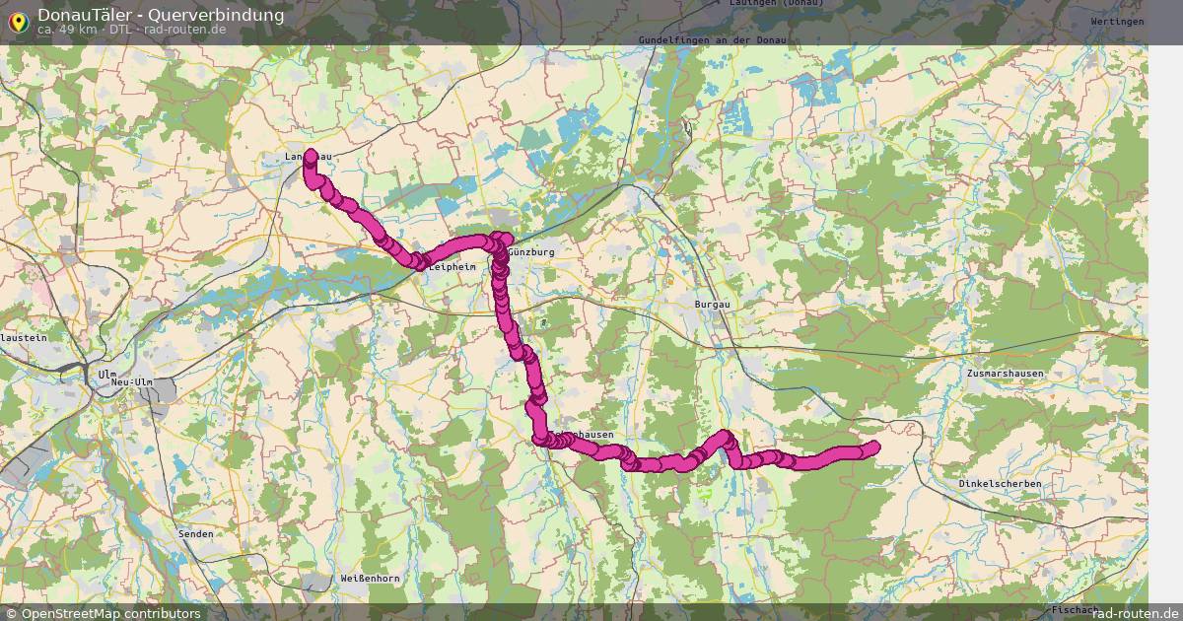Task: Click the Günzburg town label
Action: pyautogui.click(x=532, y=252)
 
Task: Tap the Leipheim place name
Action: pyautogui.click(x=452, y=266)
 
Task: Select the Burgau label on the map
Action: pyautogui.click(x=713, y=306)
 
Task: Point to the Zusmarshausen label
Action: pyautogui.click(x=1006, y=374)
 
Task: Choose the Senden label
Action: pyautogui.click(x=194, y=533)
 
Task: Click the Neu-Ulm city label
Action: pyautogui.click(x=131, y=381)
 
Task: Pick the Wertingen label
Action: pyautogui.click(x=1117, y=22)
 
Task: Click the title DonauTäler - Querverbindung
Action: pyautogui.click(x=161, y=15)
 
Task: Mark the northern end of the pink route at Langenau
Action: pyautogui.click(x=311, y=156)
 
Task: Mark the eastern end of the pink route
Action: pyautogui.click(x=871, y=448)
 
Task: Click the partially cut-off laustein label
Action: pyautogui.click(x=24, y=337)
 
